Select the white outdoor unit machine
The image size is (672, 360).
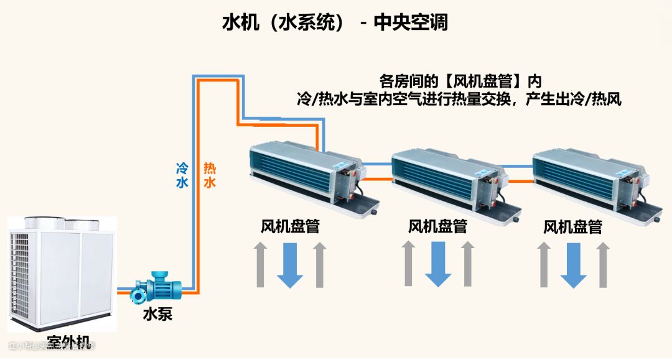pyautogui.click(x=62, y=274)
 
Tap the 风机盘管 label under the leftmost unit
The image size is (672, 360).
pyautogui.click(x=290, y=226)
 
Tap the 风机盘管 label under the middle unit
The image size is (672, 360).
pyautogui.click(x=437, y=226)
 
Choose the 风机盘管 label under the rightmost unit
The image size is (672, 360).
pyautogui.click(x=572, y=226)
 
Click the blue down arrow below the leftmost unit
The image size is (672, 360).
pyautogui.click(x=290, y=264)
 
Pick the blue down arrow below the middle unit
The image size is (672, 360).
pyautogui.click(x=438, y=264)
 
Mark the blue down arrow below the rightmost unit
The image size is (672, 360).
pyautogui.click(x=573, y=264)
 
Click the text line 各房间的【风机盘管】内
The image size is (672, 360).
pyautogui.click(x=460, y=81)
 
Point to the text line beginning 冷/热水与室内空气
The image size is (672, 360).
pyautogui.click(x=460, y=99)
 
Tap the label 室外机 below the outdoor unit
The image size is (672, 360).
pyautogui.click(x=68, y=341)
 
